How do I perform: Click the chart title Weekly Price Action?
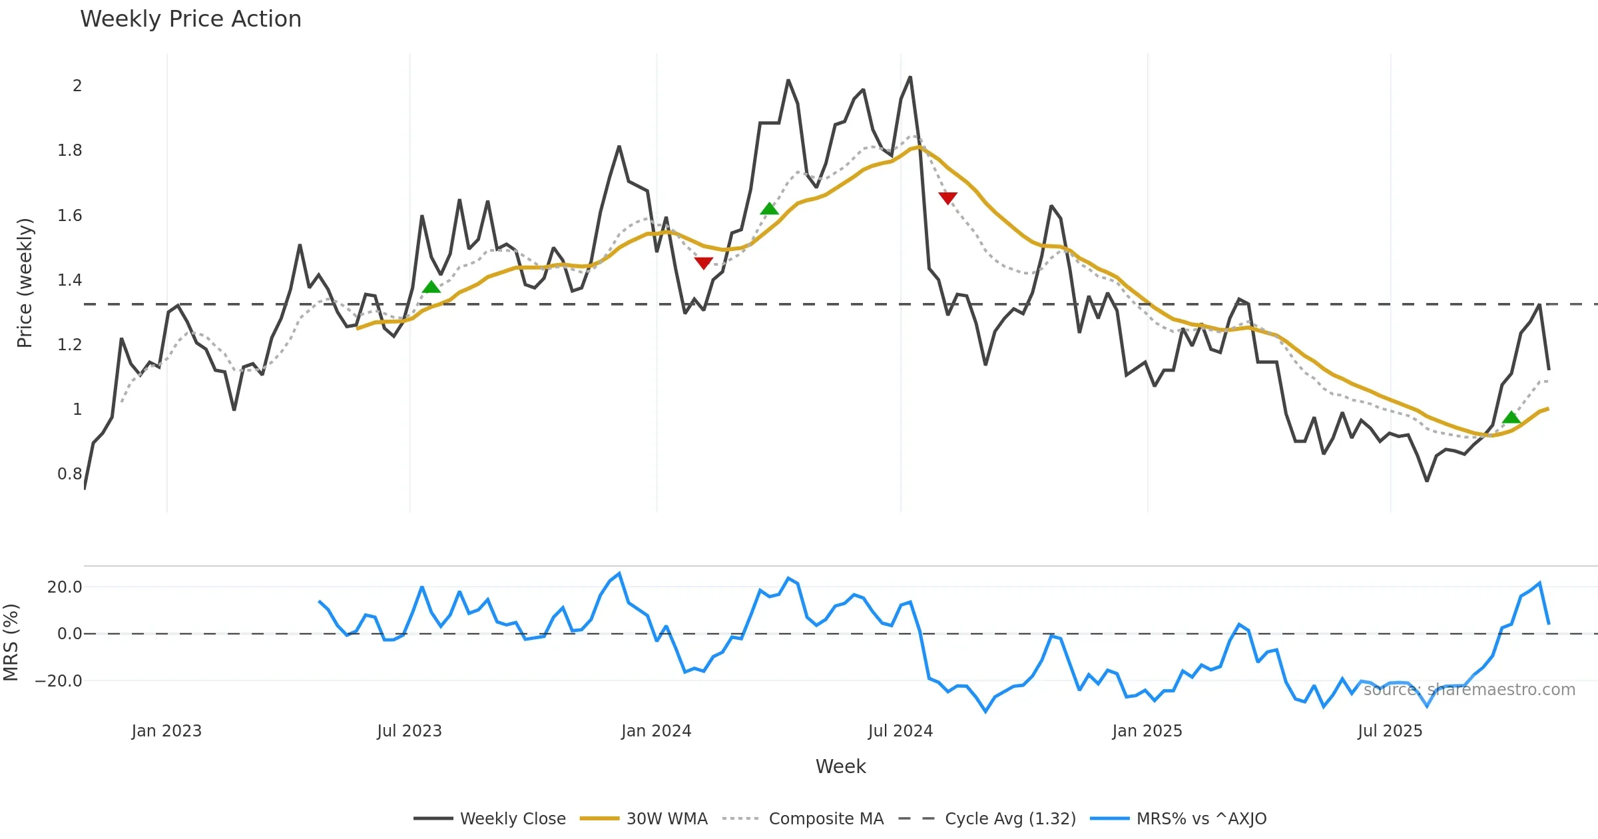[x=190, y=19]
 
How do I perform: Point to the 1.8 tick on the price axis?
[x=70, y=150]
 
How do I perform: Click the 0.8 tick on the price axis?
[x=70, y=474]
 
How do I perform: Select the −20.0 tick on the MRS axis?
[x=59, y=681]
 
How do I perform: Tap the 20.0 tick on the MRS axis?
[x=65, y=587]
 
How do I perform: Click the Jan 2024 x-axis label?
[x=656, y=731]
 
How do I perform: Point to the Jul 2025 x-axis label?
[x=1390, y=731]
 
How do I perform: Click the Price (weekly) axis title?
[x=25, y=283]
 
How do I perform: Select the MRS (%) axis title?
[x=11, y=643]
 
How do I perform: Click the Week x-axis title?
[x=840, y=767]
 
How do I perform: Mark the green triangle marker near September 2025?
[x=1511, y=418]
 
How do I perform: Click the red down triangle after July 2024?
[x=947, y=198]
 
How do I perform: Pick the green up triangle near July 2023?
[x=431, y=287]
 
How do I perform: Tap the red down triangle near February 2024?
[x=703, y=263]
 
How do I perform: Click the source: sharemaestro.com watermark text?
[x=1469, y=690]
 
